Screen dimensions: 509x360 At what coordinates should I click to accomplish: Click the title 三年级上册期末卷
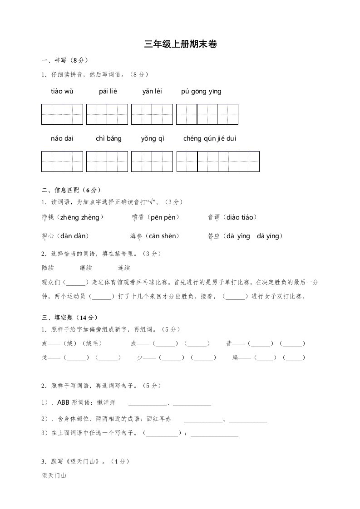[x=180, y=44]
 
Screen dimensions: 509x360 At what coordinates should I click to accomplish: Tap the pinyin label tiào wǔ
[x=62, y=91]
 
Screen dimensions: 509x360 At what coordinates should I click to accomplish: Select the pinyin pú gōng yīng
[x=201, y=91]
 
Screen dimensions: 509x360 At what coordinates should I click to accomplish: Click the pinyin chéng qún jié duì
[x=210, y=138]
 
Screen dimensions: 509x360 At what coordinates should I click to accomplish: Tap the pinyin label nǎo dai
[x=62, y=138]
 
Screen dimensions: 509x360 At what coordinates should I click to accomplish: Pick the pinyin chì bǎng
[x=108, y=138]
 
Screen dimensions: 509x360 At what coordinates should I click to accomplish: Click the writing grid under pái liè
[x=107, y=114]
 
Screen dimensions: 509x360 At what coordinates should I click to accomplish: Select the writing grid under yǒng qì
[x=152, y=162]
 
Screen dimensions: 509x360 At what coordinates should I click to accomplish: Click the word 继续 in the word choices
[x=86, y=268]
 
